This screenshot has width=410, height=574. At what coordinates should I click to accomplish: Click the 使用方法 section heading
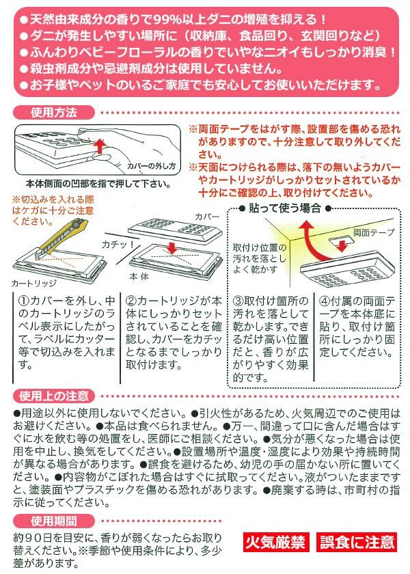coord(54,112)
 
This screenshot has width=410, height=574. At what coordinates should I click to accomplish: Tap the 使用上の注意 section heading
coord(54,396)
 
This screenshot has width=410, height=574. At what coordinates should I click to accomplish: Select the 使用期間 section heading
coord(54,521)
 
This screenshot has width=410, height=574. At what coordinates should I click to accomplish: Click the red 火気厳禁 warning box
coord(275,542)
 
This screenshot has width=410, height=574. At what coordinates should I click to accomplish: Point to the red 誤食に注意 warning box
coord(357,542)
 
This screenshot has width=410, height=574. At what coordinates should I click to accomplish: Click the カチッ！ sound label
coord(118,244)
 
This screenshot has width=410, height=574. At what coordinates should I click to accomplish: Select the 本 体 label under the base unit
coord(139,276)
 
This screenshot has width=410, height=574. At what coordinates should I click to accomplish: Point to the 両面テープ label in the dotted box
coord(373,232)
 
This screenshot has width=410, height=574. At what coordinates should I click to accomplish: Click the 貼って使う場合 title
coord(285,208)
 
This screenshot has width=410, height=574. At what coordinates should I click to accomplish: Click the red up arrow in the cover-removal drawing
coord(99,146)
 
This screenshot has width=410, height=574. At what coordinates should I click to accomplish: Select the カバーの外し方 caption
coord(151,166)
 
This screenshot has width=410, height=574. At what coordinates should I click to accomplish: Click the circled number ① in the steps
coord(23,301)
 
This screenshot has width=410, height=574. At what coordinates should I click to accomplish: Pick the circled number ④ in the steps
coord(325,301)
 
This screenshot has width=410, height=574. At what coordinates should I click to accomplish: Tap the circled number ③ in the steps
coord(238,301)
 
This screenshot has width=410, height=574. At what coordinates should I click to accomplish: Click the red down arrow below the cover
coord(171,248)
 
